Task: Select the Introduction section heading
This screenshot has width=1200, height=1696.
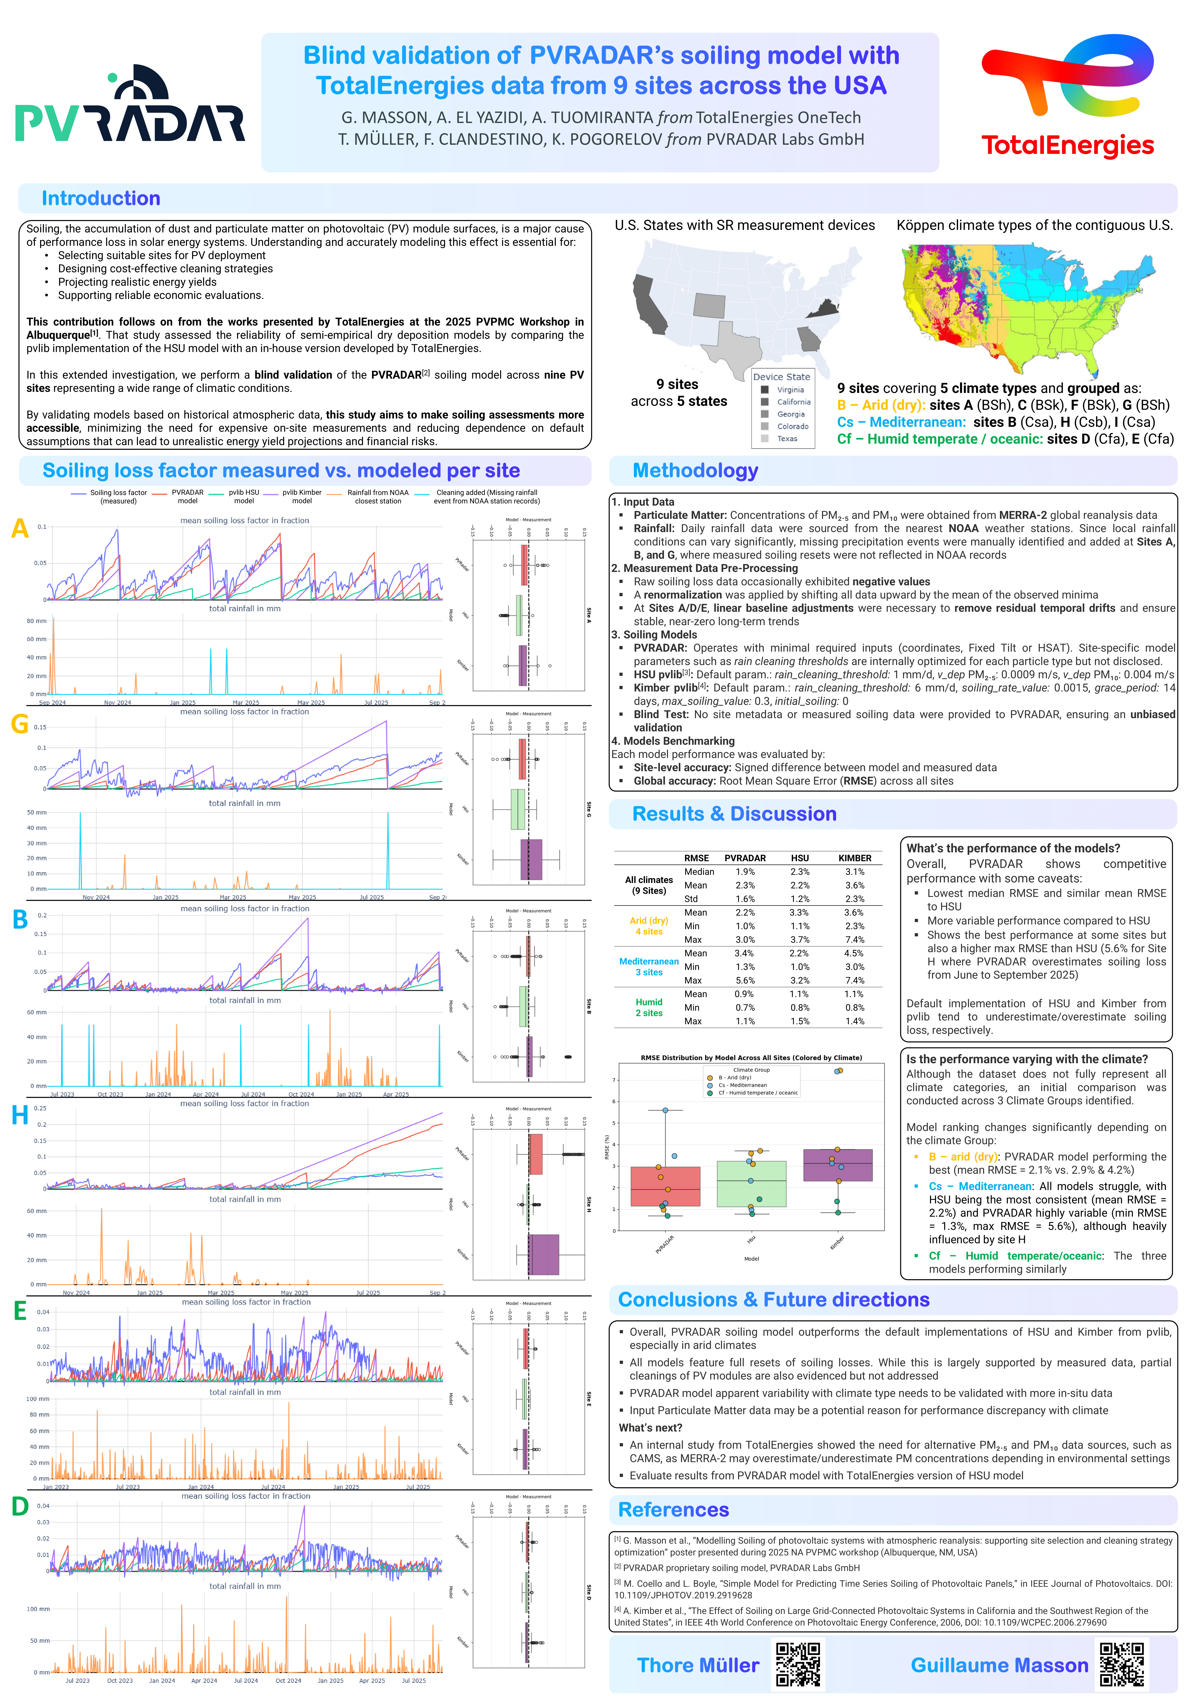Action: tap(101, 199)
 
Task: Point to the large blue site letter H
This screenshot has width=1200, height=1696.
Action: tap(20, 1115)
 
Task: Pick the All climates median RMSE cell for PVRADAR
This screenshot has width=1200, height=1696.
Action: tap(745, 872)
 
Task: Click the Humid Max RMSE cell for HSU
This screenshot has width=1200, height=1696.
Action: tap(800, 1021)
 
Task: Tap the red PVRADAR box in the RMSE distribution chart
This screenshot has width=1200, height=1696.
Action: tap(665, 1186)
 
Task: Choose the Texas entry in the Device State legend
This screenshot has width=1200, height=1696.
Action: tap(786, 439)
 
